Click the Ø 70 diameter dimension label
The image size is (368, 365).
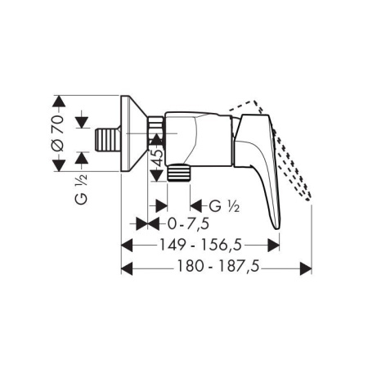[59, 133]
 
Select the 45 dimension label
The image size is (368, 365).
[158, 158]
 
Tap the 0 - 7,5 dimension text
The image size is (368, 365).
[189, 224]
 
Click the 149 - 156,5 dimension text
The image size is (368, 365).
[200, 245]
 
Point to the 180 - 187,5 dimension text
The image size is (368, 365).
[218, 266]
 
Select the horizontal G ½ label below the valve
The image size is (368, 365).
[224, 206]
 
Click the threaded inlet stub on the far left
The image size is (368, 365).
[108, 139]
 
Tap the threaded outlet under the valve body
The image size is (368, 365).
[179, 173]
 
